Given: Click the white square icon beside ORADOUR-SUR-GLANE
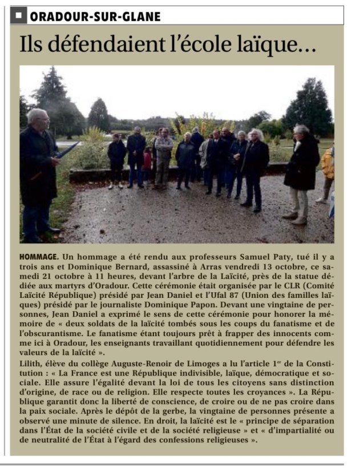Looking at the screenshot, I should (18, 16).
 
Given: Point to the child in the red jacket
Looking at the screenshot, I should (147, 159).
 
